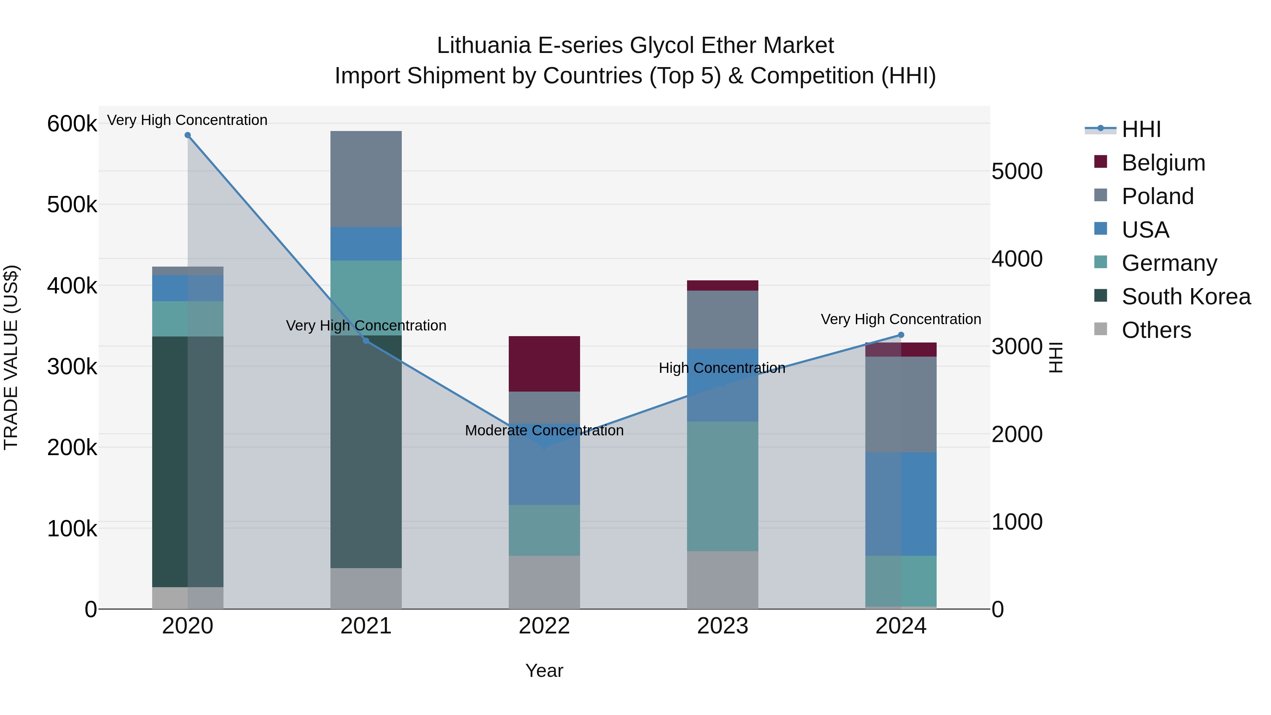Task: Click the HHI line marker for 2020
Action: tap(187, 135)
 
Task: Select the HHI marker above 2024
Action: tap(901, 335)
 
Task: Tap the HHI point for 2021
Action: tap(366, 341)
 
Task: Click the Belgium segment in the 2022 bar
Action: tap(544, 364)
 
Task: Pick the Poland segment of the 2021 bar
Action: tap(366, 179)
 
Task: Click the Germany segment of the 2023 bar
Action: tap(722, 486)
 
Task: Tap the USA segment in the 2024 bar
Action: tap(901, 504)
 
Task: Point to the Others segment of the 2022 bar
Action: tap(544, 582)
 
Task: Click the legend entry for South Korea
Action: tap(1186, 297)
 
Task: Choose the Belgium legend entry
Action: tap(1163, 163)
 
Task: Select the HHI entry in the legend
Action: tap(1141, 129)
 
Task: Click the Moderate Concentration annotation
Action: tap(544, 430)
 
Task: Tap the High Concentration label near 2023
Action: tap(722, 368)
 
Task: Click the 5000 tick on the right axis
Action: tap(1017, 172)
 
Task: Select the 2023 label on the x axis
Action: tap(722, 626)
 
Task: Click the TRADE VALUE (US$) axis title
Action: tap(11, 357)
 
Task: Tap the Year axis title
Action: tap(544, 671)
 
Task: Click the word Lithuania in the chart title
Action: tap(484, 46)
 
